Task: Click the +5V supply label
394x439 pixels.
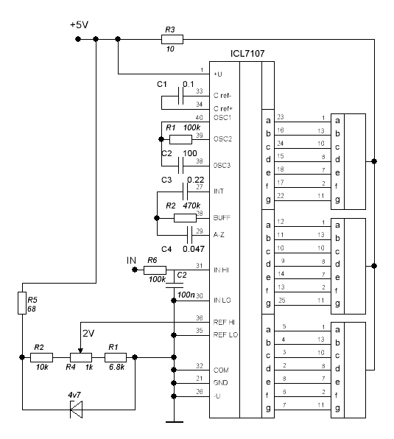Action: pos(80,25)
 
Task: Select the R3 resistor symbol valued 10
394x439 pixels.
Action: pos(172,39)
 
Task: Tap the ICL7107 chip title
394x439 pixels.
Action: pos(247,54)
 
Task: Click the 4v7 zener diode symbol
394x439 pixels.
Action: pos(76,410)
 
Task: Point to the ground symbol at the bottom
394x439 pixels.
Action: pos(175,421)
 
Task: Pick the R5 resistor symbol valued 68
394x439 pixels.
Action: pos(22,303)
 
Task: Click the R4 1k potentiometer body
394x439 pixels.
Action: pos(81,357)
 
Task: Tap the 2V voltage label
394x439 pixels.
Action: pos(88,334)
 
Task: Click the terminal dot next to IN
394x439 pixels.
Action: pos(135,270)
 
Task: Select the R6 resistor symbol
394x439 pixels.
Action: pos(155,270)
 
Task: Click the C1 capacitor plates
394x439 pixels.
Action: pos(180,96)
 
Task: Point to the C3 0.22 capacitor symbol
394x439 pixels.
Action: pos(185,192)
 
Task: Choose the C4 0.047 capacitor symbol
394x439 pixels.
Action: pos(189,235)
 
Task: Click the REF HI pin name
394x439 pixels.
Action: pos(224,322)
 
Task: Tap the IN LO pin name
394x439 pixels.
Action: pos(222,301)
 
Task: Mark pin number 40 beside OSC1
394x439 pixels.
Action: pos(200,117)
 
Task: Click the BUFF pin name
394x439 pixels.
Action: pos(222,218)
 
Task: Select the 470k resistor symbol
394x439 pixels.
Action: pos(185,218)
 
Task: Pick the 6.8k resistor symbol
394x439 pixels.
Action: pos(116,357)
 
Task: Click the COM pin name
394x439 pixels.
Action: pos(221,370)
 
